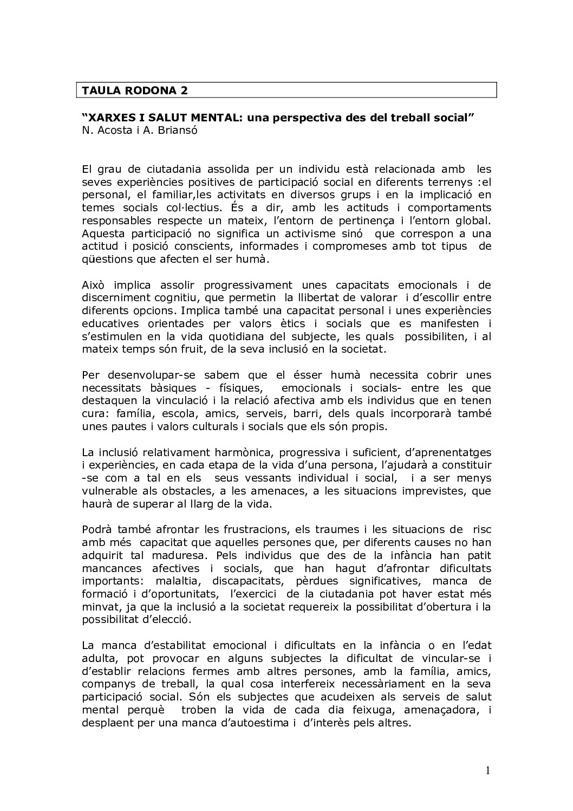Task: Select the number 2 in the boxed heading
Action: pyautogui.click(x=185, y=90)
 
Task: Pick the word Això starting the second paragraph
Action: pyautogui.click(x=94, y=285)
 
